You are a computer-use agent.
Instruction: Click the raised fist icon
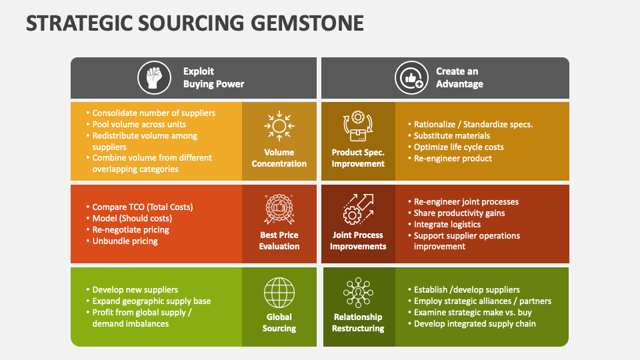click(x=154, y=77)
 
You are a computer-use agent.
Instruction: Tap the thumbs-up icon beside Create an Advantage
click(x=411, y=77)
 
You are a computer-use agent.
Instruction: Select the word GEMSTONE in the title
click(x=307, y=23)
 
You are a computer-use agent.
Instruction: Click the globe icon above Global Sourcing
click(x=279, y=293)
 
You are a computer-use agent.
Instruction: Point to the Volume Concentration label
click(x=279, y=158)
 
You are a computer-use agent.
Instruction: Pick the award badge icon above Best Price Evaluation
click(x=279, y=209)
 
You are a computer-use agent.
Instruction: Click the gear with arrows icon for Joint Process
click(x=358, y=209)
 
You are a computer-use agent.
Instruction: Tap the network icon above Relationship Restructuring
click(x=358, y=293)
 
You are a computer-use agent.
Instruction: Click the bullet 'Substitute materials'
click(x=449, y=136)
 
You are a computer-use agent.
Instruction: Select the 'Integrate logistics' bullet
click(x=444, y=225)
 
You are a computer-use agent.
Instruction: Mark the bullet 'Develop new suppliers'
click(x=132, y=290)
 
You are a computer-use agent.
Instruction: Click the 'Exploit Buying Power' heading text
click(x=213, y=77)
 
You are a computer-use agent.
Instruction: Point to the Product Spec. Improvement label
click(x=358, y=158)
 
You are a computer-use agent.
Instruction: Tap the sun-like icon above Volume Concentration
click(x=279, y=126)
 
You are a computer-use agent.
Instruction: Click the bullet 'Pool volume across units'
click(x=136, y=125)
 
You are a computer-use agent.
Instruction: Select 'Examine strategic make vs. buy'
click(x=470, y=313)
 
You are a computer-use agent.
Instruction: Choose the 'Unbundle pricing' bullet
click(x=122, y=241)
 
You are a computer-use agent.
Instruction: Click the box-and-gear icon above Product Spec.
click(x=358, y=126)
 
